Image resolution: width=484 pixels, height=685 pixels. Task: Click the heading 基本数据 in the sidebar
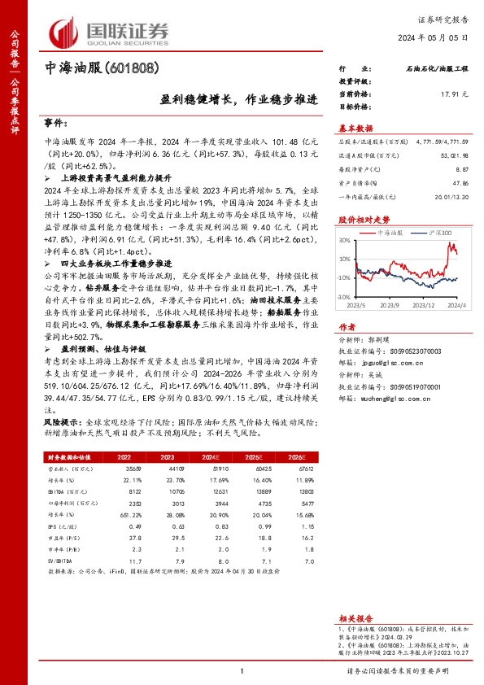[355, 129]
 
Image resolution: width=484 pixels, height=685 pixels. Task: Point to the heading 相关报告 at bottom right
[355, 618]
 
